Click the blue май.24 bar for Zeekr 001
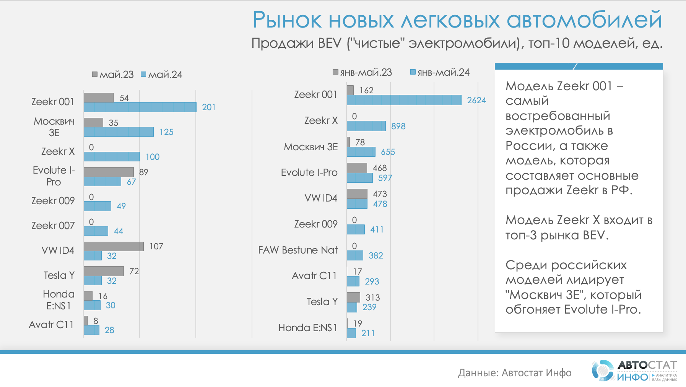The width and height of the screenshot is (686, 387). point(140,107)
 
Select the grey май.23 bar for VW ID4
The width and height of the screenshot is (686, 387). point(114,246)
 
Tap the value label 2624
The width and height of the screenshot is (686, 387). point(476,100)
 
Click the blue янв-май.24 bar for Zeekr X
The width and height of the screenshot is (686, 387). point(366,126)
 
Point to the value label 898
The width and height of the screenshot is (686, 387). point(398,126)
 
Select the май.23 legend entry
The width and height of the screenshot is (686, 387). point(113,75)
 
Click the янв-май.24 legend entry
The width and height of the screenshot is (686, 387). point(440,72)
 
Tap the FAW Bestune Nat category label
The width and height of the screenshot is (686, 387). point(298,250)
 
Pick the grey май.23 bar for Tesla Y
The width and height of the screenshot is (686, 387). point(104,271)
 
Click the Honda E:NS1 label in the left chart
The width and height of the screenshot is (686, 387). point(59,300)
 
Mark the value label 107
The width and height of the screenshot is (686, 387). point(156,246)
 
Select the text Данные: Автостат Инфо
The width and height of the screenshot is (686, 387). point(515,373)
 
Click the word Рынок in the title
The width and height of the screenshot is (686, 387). point(287,20)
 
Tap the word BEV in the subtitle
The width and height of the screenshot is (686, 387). point(329,43)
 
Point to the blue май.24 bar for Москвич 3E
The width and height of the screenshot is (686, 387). point(119,132)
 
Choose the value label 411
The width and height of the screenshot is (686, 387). point(377,229)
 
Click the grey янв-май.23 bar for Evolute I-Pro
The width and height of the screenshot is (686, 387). point(357,168)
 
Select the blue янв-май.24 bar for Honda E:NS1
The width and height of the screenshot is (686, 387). point(351,333)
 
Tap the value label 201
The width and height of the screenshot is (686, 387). point(209,107)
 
